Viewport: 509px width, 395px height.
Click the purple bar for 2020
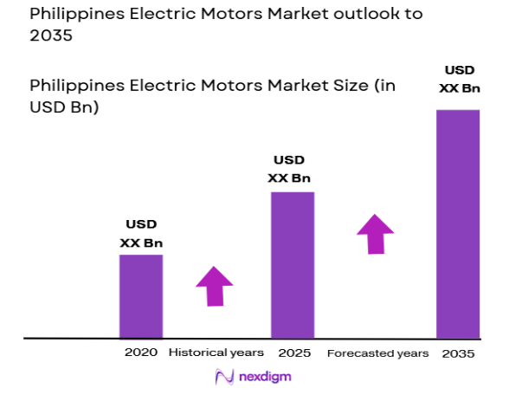[140, 295]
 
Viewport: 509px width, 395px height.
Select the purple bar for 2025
[292, 264]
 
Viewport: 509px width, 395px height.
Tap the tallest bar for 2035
[458, 223]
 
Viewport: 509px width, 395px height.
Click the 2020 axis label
[141, 353]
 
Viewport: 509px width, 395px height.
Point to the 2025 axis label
[294, 353]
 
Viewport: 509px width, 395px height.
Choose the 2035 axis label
[458, 353]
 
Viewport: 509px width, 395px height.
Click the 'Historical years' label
[216, 353]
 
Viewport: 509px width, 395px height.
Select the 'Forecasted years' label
[377, 353]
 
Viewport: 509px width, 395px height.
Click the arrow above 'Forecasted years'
[375, 232]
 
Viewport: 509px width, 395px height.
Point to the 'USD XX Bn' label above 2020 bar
[141, 234]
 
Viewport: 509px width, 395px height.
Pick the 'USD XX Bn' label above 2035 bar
[459, 78]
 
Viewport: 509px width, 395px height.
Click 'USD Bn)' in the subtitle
[63, 108]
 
